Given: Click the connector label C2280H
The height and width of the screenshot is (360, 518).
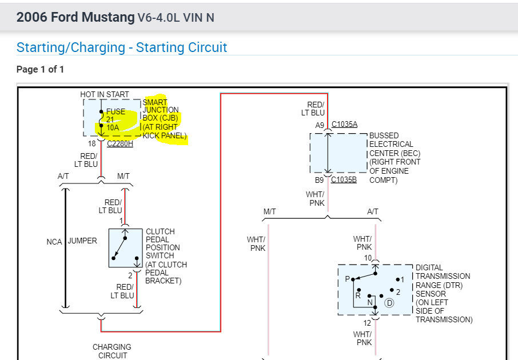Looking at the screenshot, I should tap(120, 143).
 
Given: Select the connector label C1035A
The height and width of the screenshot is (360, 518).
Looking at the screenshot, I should tap(344, 125).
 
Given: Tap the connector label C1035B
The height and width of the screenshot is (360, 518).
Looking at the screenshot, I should tap(344, 179).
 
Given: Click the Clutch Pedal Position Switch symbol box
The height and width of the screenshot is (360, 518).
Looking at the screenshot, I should tap(125, 248).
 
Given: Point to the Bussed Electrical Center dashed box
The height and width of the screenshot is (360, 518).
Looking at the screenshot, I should tap(338, 153).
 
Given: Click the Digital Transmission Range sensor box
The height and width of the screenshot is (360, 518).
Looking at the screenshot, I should tap(374, 289).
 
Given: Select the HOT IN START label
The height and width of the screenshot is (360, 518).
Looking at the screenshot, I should tap(105, 94).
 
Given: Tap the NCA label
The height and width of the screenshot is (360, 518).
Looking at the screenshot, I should tap(54, 242).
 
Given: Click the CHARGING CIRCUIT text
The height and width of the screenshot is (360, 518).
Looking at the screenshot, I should tap(112, 351).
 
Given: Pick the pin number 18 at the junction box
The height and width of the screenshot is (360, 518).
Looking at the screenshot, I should tap(91, 143).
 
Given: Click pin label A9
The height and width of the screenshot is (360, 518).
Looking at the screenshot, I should tap(320, 125).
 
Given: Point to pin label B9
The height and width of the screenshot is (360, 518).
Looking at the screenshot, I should tap(320, 179).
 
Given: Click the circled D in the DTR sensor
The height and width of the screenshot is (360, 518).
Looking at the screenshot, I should tap(389, 303).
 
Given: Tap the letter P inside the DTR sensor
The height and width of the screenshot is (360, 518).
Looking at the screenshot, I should tap(347, 279).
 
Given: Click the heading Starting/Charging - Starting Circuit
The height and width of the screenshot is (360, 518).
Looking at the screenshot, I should tap(122, 47).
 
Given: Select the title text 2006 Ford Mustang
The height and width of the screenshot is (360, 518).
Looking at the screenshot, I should tap(75, 17).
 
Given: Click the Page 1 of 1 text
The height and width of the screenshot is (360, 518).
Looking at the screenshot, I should tap(40, 70).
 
